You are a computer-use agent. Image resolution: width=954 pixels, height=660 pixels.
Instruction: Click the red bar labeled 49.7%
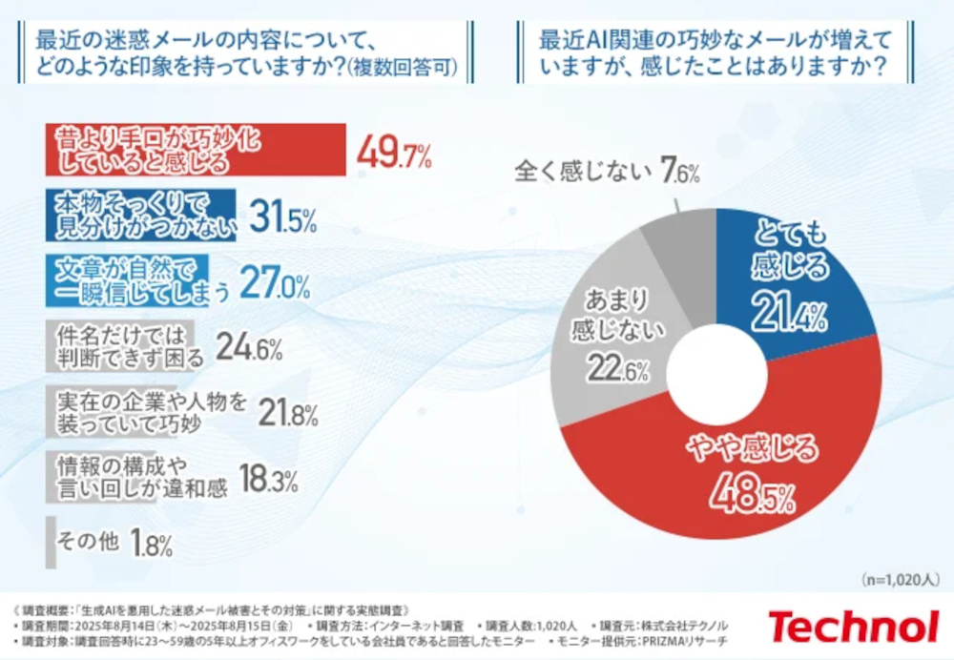click(x=196, y=150)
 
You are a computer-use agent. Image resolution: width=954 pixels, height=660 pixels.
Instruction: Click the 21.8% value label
click(x=287, y=414)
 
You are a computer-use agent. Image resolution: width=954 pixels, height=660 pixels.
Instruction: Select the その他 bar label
click(x=88, y=542)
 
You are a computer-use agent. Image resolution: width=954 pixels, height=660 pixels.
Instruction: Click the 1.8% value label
click(x=153, y=544)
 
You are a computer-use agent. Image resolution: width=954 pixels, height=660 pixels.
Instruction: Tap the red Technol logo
click(x=853, y=627)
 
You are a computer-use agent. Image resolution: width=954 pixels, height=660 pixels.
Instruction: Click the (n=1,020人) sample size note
click(x=900, y=579)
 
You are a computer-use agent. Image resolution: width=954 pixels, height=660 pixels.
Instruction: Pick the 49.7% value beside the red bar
click(x=394, y=152)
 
